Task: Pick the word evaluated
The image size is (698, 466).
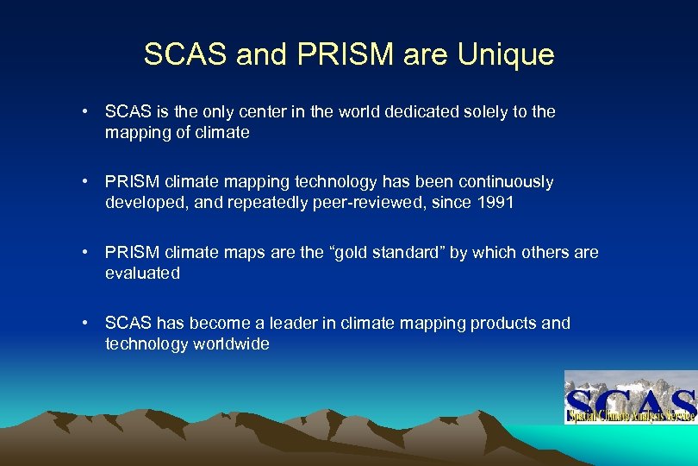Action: click(142, 274)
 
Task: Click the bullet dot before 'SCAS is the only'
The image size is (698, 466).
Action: click(87, 112)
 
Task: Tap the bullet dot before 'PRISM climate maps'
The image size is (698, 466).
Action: click(87, 254)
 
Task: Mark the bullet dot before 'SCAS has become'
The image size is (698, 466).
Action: click(87, 324)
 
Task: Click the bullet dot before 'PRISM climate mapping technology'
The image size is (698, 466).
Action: click(87, 183)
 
